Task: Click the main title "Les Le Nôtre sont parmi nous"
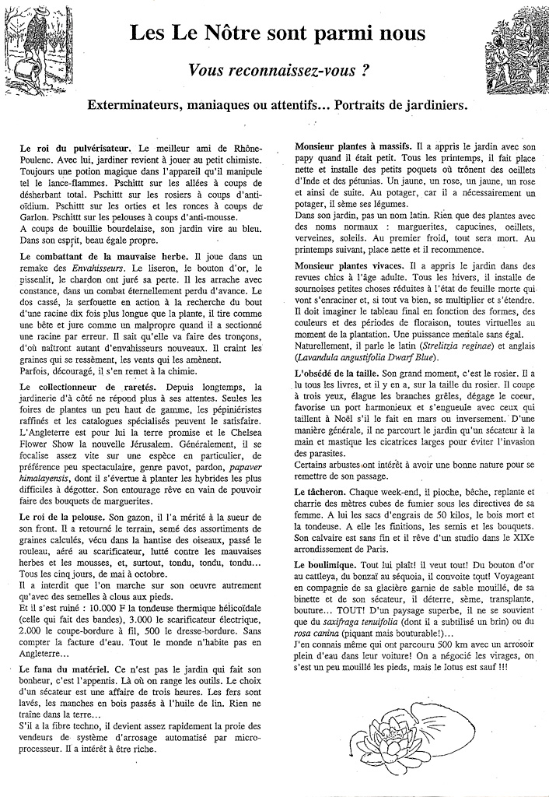click(277, 33)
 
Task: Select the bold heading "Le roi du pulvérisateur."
click(74, 147)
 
